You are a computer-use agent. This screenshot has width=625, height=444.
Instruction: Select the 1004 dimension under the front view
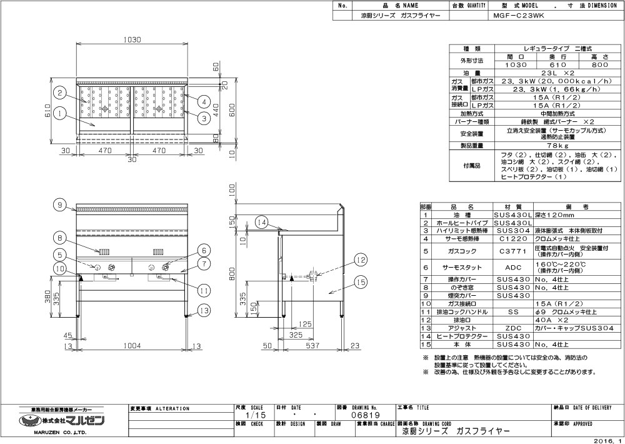tap(131, 345)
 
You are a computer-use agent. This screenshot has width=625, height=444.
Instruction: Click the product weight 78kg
tap(539, 146)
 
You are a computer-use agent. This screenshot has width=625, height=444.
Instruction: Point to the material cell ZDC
tap(512, 328)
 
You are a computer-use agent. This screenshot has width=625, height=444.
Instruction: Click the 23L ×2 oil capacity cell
tap(539, 73)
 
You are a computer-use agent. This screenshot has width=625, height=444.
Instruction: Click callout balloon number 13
tap(202, 310)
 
